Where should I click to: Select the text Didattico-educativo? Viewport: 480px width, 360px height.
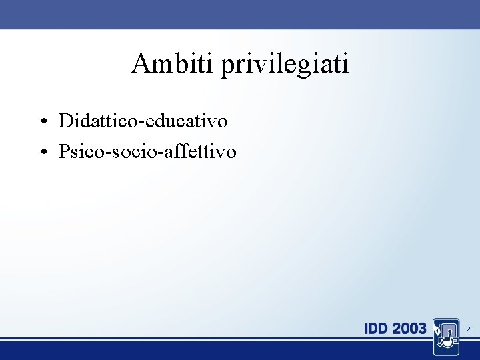click(x=143, y=121)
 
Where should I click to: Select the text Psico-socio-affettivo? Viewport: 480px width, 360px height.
click(x=147, y=152)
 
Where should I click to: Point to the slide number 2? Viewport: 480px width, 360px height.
click(x=468, y=329)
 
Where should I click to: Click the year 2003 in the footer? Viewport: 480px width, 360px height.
click(x=410, y=329)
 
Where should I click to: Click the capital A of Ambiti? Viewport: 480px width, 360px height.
click(x=142, y=64)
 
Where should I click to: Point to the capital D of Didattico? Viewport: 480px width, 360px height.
click(x=65, y=121)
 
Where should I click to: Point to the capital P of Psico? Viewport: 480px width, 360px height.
click(x=64, y=152)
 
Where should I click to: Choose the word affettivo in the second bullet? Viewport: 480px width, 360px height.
click(x=203, y=152)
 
